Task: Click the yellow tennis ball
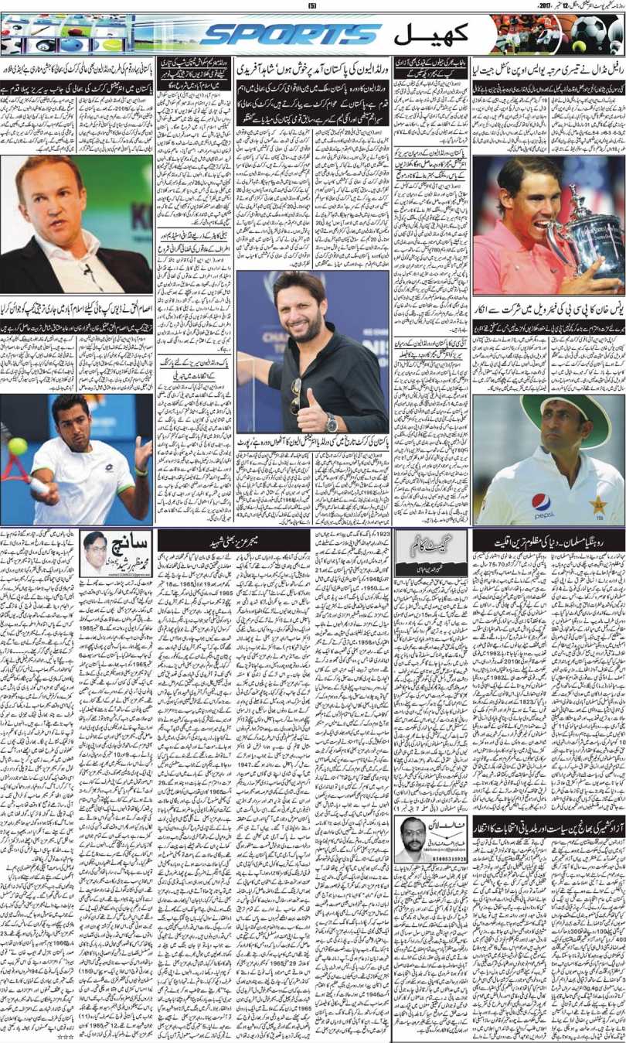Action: point(16,446)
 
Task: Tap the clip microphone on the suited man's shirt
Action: point(87,270)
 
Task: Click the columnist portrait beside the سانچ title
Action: point(93,552)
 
